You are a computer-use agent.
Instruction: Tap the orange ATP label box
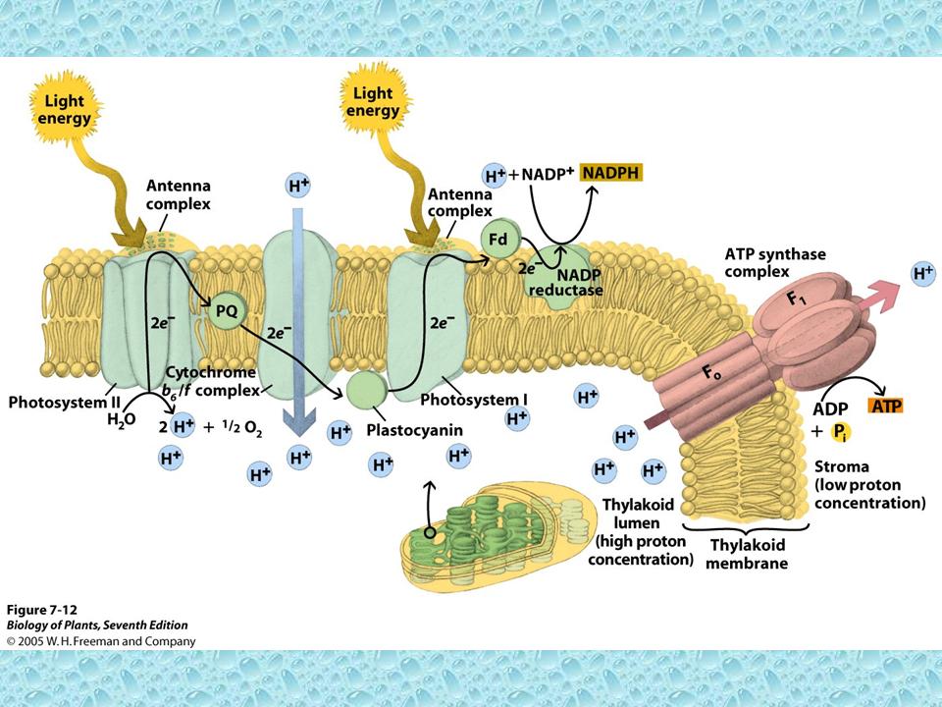[884, 406]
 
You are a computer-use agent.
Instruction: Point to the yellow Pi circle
[842, 432]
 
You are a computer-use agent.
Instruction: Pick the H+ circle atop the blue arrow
[299, 185]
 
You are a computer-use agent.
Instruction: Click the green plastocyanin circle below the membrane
[365, 389]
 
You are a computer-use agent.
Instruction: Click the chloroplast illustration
[491, 539]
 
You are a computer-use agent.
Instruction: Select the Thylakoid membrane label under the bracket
[747, 555]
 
